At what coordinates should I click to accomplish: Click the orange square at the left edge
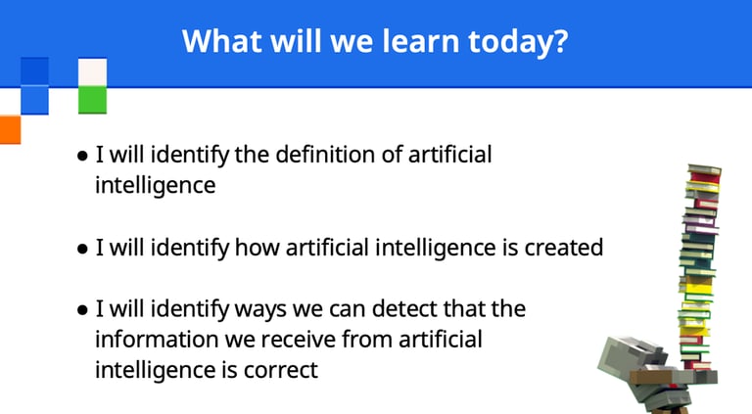click(x=10, y=129)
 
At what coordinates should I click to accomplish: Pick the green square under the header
click(x=93, y=100)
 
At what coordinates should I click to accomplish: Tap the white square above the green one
click(x=93, y=72)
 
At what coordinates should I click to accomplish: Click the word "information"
click(x=157, y=340)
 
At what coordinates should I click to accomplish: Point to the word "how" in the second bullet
click(x=258, y=248)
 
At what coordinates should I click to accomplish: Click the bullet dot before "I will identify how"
click(x=82, y=249)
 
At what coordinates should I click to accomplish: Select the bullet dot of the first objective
click(x=82, y=156)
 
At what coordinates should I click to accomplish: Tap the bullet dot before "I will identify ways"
click(x=82, y=310)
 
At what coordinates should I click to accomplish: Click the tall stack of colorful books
click(x=699, y=268)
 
